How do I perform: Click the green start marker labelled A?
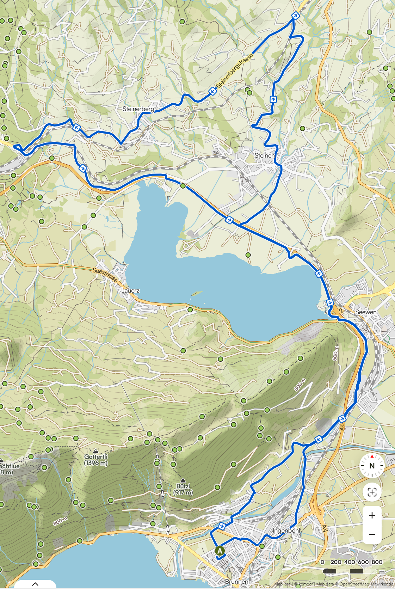click(x=220, y=551)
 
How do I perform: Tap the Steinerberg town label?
click(x=138, y=109)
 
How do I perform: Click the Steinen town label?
click(x=264, y=155)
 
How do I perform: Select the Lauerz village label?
click(x=130, y=290)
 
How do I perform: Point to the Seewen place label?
click(x=365, y=312)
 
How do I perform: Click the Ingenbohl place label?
click(x=286, y=530)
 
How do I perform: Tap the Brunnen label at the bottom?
click(x=236, y=582)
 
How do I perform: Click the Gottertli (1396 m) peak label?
click(x=95, y=460)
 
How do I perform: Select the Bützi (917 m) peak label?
click(x=183, y=489)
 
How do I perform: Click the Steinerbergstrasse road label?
click(x=235, y=71)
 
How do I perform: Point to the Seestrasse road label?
click(x=105, y=275)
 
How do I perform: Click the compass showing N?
click(x=372, y=466)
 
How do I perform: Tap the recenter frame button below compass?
click(x=372, y=492)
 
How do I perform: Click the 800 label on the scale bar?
click(x=377, y=562)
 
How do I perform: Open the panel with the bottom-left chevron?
click(x=35, y=584)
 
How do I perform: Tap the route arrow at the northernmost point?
click(x=295, y=15)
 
